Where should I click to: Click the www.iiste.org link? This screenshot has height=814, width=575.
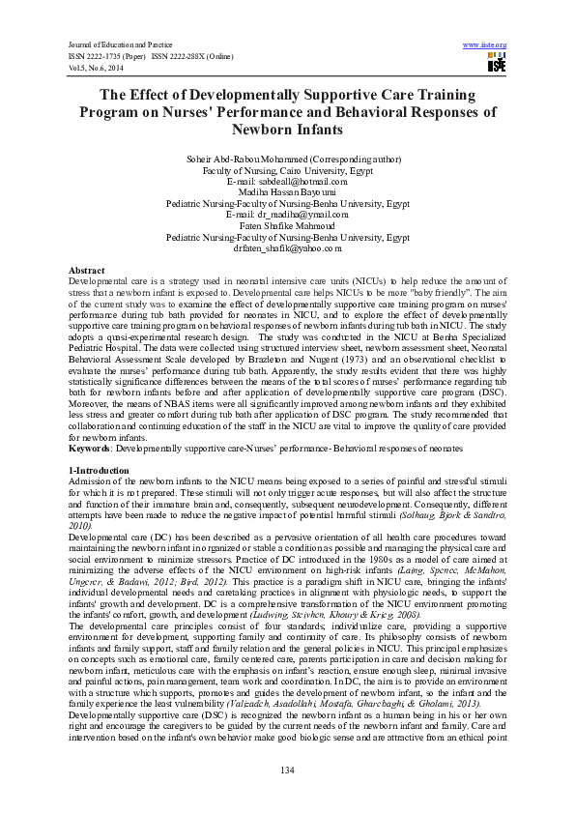(x=485, y=45)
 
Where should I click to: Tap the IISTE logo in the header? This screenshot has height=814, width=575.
(x=497, y=64)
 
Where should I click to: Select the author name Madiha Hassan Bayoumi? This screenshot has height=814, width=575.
(x=287, y=192)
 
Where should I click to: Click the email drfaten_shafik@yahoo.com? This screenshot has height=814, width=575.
(x=287, y=247)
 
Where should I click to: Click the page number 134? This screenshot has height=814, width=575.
(x=287, y=769)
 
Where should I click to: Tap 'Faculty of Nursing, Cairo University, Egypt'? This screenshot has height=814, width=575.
(x=287, y=170)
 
